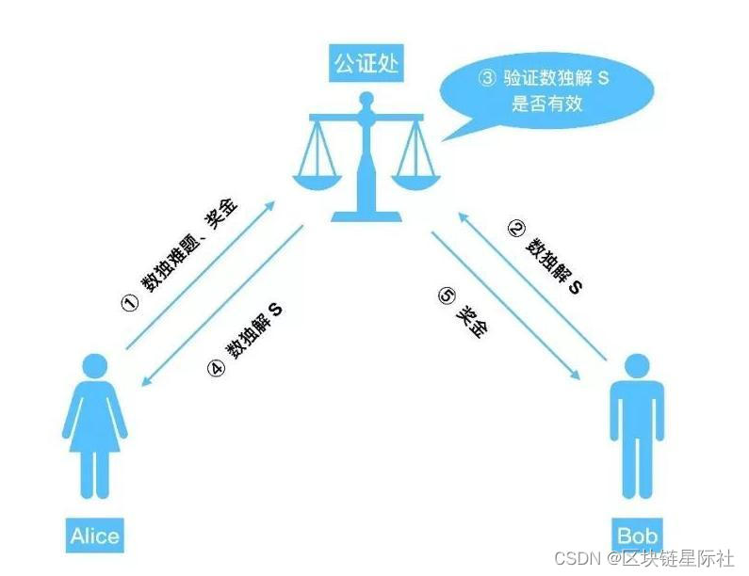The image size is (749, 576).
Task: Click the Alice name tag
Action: [94, 536]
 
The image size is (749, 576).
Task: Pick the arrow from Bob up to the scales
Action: [532, 287]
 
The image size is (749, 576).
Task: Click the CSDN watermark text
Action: [643, 558]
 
